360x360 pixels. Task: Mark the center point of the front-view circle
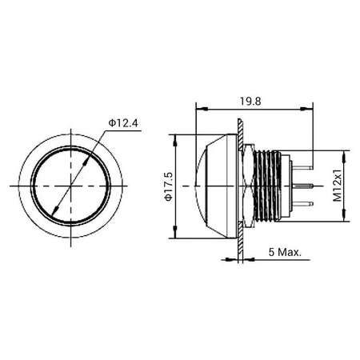pos(72,186)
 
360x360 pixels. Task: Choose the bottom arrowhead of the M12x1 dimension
pos(345,218)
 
